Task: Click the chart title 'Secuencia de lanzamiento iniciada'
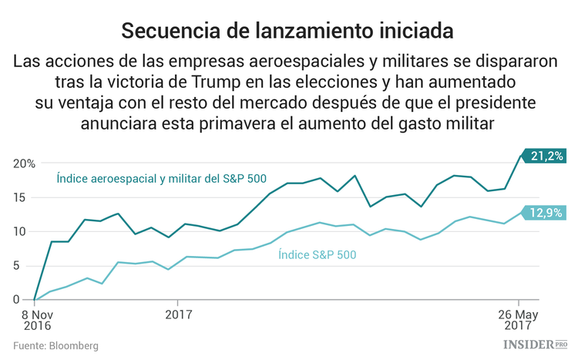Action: pos(288,31)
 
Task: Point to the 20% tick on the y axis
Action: pos(23,163)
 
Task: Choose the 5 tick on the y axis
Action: pos(26,266)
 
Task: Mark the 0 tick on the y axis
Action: pos(26,300)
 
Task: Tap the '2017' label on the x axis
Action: pos(178,315)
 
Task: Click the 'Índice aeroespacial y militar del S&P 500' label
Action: pos(161,179)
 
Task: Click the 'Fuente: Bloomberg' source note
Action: pos(55,346)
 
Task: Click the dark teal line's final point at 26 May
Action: pos(519,156)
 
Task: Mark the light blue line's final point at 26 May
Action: pos(519,214)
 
